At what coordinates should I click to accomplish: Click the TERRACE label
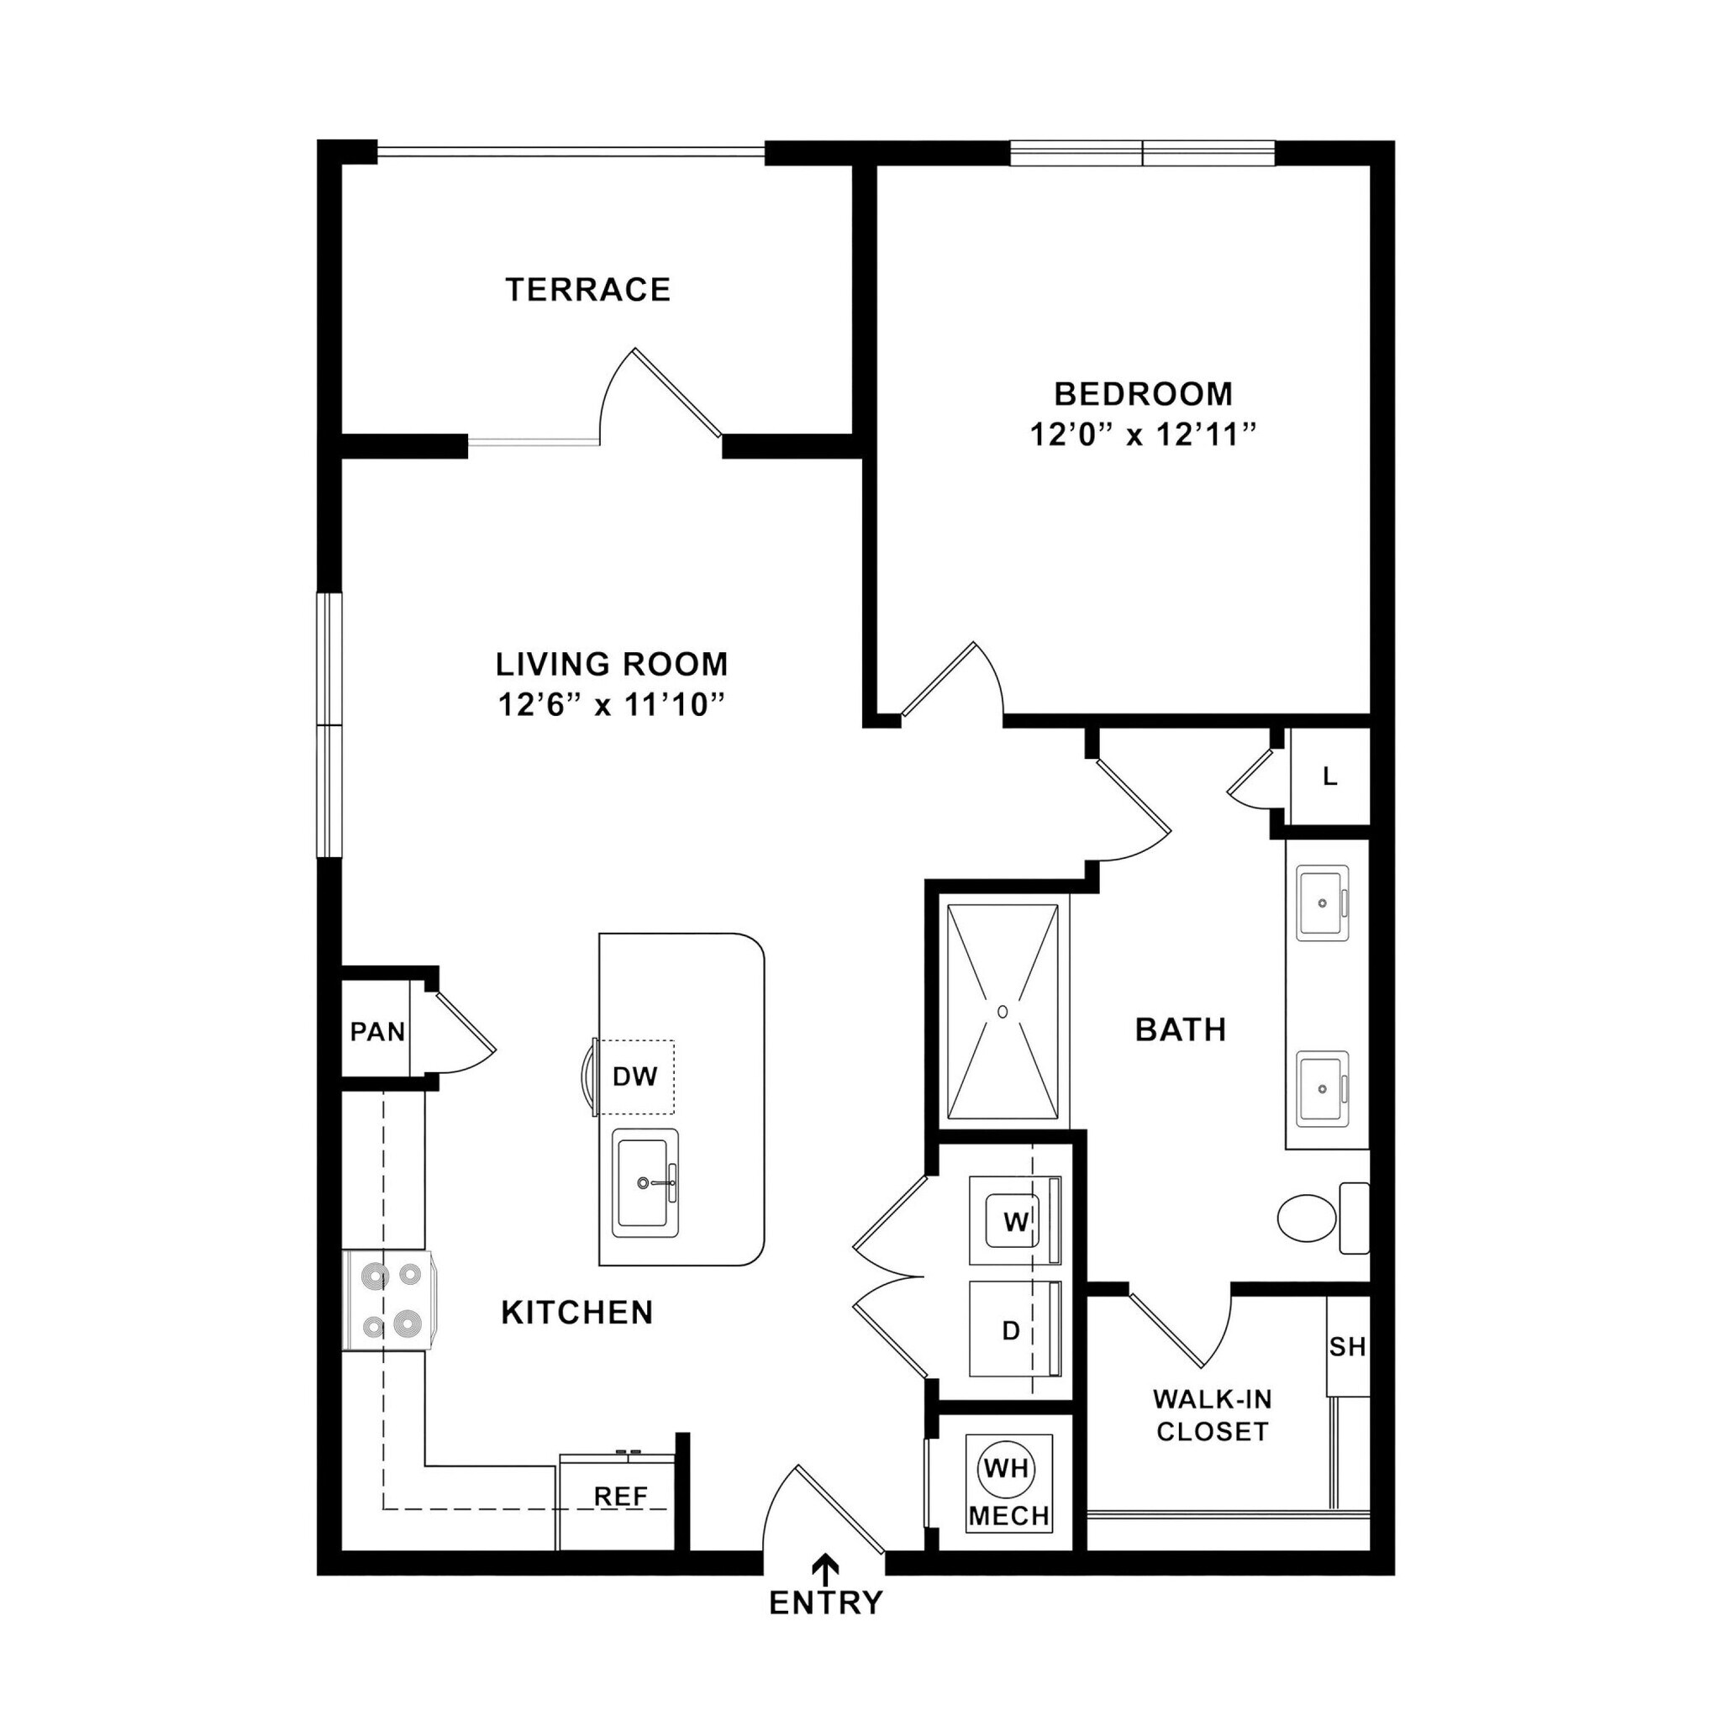[x=588, y=291]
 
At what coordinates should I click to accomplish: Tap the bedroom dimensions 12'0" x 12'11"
[x=1143, y=435]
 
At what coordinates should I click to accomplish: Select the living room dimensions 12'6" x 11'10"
[x=610, y=706]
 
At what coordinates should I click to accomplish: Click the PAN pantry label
[x=376, y=1033]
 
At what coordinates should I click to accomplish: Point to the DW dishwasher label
[x=635, y=1077]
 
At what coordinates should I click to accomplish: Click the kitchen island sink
[x=645, y=1184]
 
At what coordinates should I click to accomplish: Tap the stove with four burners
[x=390, y=1302]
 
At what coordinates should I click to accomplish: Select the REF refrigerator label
[x=621, y=1497]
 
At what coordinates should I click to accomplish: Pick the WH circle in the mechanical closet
[x=1007, y=1468]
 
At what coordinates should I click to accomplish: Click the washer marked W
[x=1014, y=1222]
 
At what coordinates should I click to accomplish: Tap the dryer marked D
[x=1011, y=1331]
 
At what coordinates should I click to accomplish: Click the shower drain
[x=1003, y=1012]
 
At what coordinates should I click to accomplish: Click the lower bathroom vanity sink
[x=1322, y=1088]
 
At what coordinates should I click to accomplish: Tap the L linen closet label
[x=1330, y=776]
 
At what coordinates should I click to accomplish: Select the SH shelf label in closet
[x=1347, y=1347]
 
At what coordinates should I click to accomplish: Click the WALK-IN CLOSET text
[x=1212, y=1415]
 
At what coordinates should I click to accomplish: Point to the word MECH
[x=1009, y=1516]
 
